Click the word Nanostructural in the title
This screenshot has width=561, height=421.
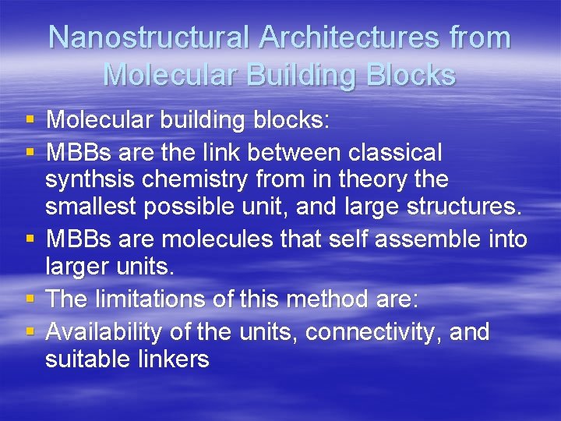(x=148, y=37)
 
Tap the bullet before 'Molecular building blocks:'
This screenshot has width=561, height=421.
(x=30, y=120)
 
